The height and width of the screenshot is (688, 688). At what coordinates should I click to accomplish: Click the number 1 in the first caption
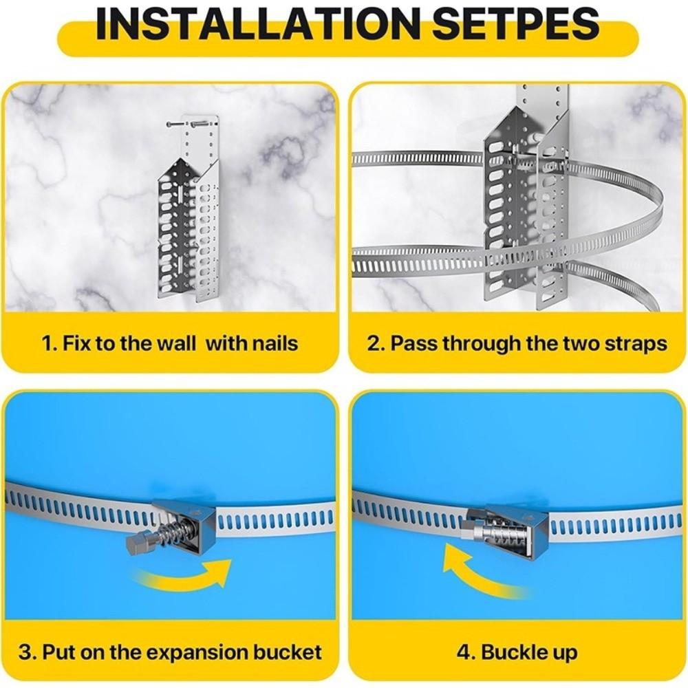click(x=47, y=343)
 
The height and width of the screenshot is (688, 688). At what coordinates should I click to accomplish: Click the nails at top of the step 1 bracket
click(x=183, y=125)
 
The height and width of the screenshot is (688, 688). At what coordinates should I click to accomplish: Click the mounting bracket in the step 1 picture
click(x=187, y=220)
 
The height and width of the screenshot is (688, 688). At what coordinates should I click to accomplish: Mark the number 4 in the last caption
click(x=462, y=652)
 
